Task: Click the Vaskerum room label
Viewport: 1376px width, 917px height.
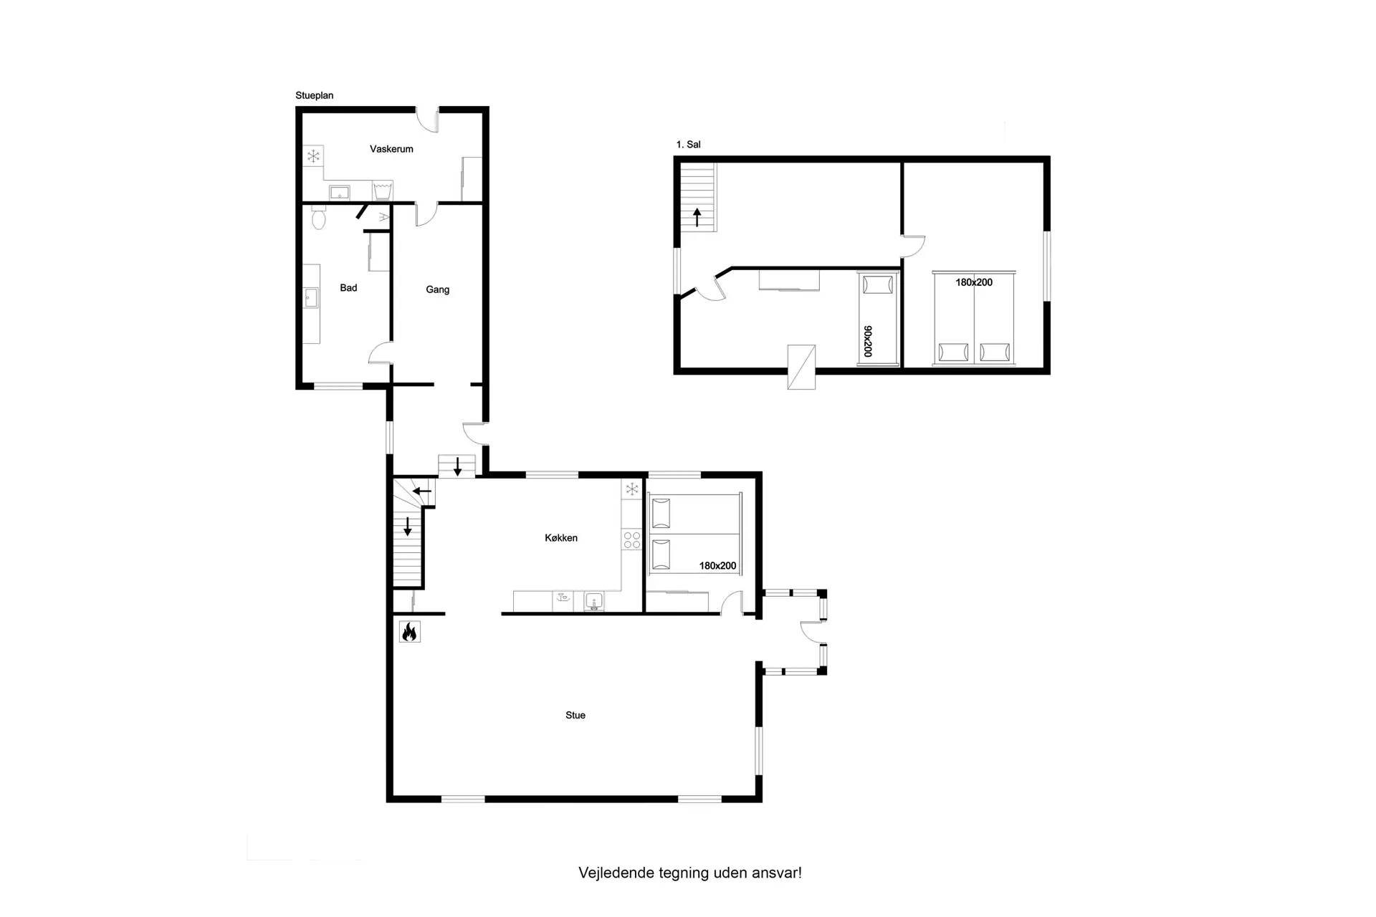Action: pyautogui.click(x=391, y=149)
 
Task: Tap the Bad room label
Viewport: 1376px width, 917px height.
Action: pyautogui.click(x=348, y=288)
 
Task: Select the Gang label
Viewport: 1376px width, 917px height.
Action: pyautogui.click(x=438, y=289)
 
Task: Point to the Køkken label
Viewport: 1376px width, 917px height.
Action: pyautogui.click(x=561, y=538)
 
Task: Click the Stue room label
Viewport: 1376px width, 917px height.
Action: pyautogui.click(x=575, y=715)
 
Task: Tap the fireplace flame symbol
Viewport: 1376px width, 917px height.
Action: pyautogui.click(x=410, y=631)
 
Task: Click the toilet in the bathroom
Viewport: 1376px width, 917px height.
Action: pyautogui.click(x=318, y=216)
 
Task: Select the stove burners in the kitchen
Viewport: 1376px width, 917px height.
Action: pyautogui.click(x=632, y=539)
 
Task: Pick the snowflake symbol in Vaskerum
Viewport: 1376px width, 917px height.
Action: pyautogui.click(x=313, y=155)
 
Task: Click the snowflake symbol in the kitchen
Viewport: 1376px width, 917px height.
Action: pyautogui.click(x=632, y=489)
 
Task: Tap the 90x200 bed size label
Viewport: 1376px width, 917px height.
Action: pyautogui.click(x=868, y=341)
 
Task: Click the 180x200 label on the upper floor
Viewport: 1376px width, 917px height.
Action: pyautogui.click(x=974, y=282)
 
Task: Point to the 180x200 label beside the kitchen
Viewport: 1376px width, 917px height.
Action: pyautogui.click(x=718, y=565)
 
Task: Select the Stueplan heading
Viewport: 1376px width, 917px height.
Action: pyautogui.click(x=315, y=95)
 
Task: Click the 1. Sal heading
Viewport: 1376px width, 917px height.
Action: pyautogui.click(x=689, y=144)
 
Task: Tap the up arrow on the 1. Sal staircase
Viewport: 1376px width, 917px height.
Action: pyautogui.click(x=697, y=216)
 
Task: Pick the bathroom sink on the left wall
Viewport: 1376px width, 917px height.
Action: pyautogui.click(x=311, y=297)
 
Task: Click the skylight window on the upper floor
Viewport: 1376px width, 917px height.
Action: pyautogui.click(x=801, y=367)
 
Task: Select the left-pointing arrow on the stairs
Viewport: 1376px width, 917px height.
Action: pyautogui.click(x=422, y=491)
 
